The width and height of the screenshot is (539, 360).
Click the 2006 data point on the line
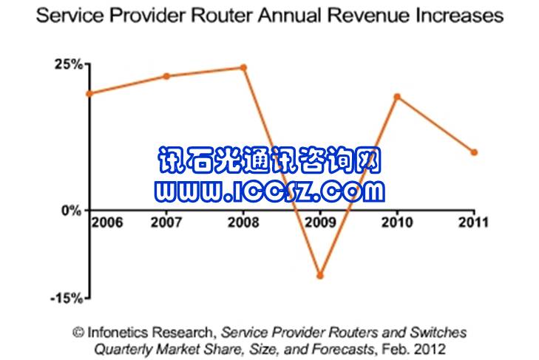(x=89, y=94)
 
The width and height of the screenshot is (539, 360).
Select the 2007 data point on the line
(x=166, y=76)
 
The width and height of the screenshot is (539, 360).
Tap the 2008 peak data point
(x=243, y=68)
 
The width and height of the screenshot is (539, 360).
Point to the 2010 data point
(x=397, y=97)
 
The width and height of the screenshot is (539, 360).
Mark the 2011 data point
(x=474, y=152)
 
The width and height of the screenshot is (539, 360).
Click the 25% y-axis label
(x=67, y=64)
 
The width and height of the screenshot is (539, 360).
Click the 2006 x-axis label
(x=106, y=221)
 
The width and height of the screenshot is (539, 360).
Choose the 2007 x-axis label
(x=166, y=221)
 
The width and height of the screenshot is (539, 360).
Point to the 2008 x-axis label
(x=243, y=221)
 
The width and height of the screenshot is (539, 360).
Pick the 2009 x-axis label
(x=320, y=221)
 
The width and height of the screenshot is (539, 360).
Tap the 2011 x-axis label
(x=474, y=221)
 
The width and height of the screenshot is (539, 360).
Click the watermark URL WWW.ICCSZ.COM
(x=270, y=192)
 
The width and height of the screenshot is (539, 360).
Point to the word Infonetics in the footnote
(x=119, y=333)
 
